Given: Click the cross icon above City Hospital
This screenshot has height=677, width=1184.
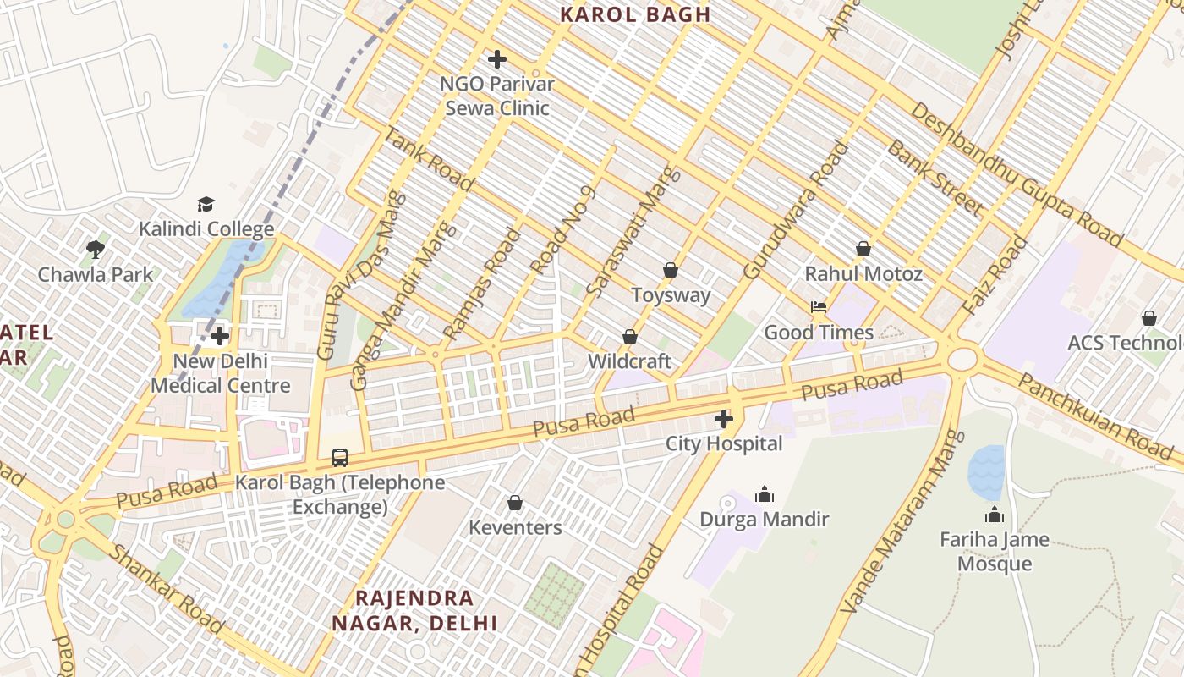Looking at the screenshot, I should tap(724, 419).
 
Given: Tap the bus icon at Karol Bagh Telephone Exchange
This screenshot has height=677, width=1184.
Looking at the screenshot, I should tap(340, 458).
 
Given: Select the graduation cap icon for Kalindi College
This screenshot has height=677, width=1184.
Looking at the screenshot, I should tap(206, 204).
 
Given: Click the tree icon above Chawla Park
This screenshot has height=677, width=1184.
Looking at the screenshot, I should tap(96, 249).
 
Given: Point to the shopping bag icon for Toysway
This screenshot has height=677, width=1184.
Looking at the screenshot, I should tap(671, 270).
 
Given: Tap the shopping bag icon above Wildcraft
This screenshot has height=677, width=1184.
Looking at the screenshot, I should tap(630, 337).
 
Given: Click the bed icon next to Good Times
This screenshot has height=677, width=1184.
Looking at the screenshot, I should tap(818, 307).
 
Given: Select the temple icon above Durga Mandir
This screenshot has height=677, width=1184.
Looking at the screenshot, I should tap(765, 494).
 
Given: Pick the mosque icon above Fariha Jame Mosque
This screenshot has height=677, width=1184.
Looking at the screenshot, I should tap(995, 515).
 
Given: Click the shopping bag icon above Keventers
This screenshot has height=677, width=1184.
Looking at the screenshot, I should tap(515, 504).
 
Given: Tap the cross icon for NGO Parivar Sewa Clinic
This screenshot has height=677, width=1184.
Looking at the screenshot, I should tap(497, 59).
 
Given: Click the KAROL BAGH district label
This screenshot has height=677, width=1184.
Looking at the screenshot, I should tap(636, 14).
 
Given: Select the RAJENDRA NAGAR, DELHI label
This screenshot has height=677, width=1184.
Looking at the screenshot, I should tap(414, 610).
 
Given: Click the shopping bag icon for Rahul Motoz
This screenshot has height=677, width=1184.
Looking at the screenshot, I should tap(863, 249).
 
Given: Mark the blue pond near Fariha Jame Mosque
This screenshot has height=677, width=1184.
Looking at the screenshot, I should tap(985, 472).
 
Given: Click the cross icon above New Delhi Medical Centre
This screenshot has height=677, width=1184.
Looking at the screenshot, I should tap(220, 336).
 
